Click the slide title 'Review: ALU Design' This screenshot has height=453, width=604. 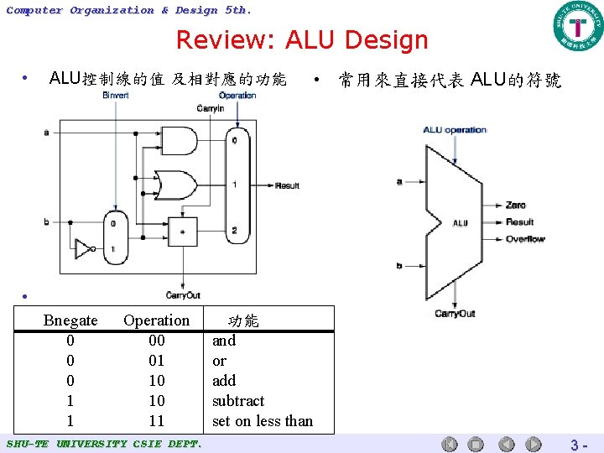(x=302, y=39)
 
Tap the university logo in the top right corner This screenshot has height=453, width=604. (x=577, y=26)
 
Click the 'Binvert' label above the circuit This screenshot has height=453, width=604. (x=116, y=96)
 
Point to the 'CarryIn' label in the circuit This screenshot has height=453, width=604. (x=210, y=108)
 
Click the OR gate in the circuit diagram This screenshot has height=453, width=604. (x=178, y=183)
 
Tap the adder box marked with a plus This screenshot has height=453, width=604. (x=182, y=230)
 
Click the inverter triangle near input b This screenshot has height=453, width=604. (x=83, y=249)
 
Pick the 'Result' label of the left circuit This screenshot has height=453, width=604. (x=286, y=185)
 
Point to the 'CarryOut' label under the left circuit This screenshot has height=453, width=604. (x=183, y=295)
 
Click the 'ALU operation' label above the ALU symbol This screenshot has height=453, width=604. (x=454, y=130)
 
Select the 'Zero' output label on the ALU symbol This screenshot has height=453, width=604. (x=515, y=205)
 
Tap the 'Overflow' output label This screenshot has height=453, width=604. (x=524, y=239)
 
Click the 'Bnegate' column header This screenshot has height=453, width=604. (x=70, y=320)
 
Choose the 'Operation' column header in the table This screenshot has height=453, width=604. (x=156, y=320)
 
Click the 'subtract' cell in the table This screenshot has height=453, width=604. (x=238, y=401)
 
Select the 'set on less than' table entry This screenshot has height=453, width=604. (x=263, y=421)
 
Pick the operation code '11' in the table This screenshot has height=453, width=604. (x=156, y=421)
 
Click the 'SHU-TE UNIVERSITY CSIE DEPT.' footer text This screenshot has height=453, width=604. (x=103, y=443)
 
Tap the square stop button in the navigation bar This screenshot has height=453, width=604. (x=476, y=444)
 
